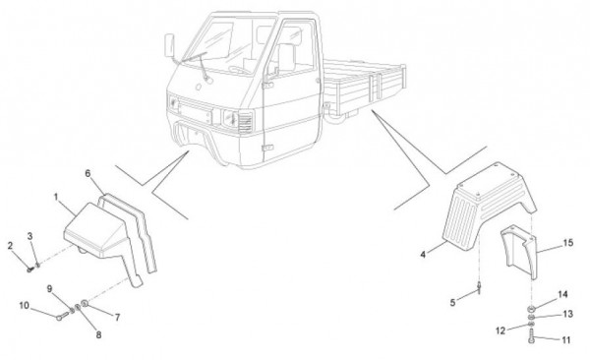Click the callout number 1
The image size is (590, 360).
(56, 197)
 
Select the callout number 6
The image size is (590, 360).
(88, 173)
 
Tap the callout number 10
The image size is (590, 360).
(24, 305)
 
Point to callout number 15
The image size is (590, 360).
(567, 243)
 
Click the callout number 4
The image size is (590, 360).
(423, 255)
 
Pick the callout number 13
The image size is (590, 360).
(567, 314)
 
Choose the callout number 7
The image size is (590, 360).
(117, 318)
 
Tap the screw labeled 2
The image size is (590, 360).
(29, 270)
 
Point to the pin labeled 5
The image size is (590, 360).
(480, 288)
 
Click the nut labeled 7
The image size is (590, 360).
(85, 302)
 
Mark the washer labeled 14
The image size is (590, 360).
(531, 309)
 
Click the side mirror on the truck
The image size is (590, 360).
(169, 45)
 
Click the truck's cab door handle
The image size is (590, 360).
(267, 86)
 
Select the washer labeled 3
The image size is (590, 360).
(37, 266)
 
